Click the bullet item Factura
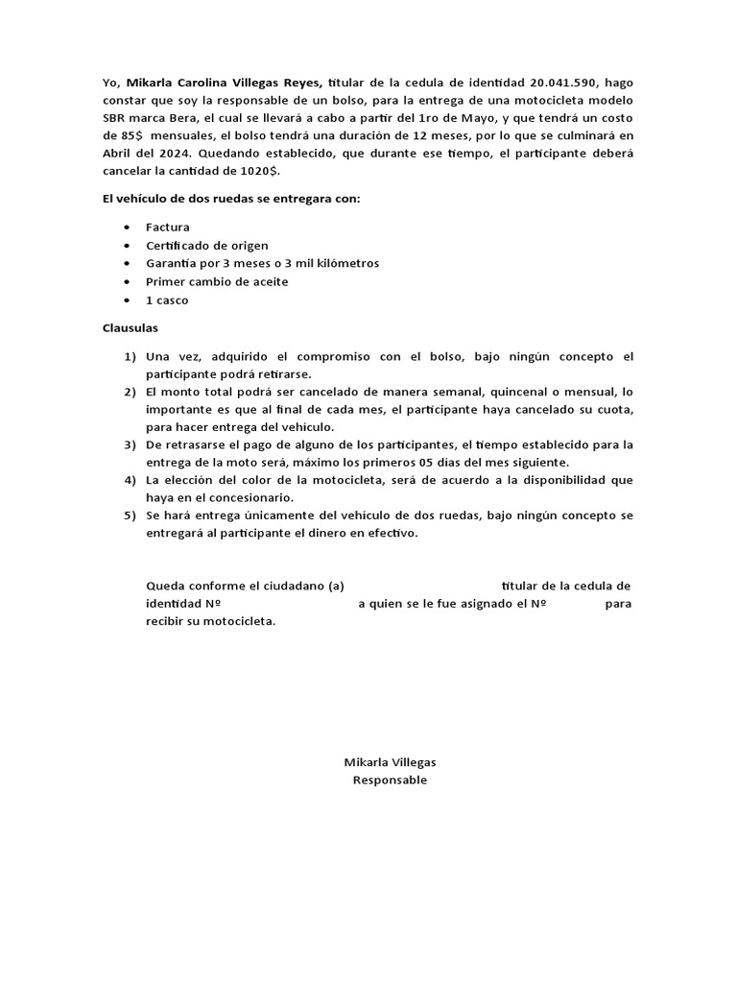[x=168, y=228]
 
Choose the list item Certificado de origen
[x=207, y=246]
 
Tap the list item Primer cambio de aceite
[x=217, y=282]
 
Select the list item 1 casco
[x=167, y=300]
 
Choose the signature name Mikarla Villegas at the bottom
[x=390, y=762]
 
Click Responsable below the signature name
[x=390, y=780]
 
